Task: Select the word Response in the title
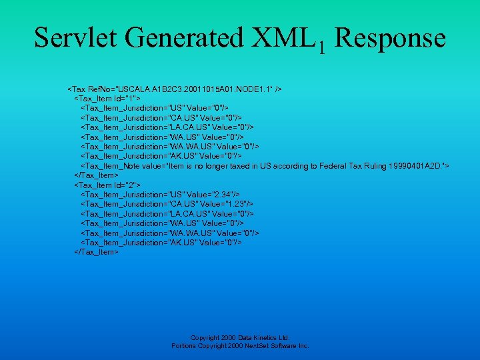tap(389, 37)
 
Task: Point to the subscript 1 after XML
tap(321, 47)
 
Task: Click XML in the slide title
tap(285, 37)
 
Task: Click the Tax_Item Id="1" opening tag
tap(107, 98)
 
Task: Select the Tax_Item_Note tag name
tap(111, 165)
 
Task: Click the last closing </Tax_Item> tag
tap(96, 252)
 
